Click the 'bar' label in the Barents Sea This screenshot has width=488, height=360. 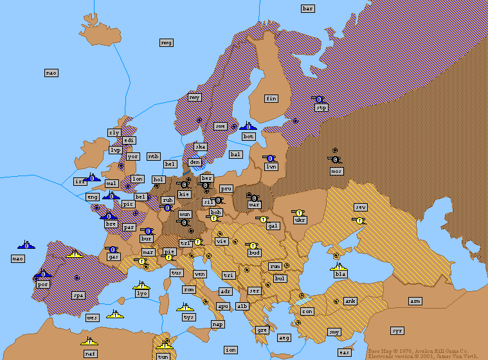point(307,8)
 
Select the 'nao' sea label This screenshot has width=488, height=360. point(51,73)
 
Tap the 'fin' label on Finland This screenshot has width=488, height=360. point(271,98)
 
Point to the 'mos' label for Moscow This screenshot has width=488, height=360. point(336,171)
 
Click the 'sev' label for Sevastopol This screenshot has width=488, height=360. point(361,207)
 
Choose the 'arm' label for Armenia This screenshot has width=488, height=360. point(415,301)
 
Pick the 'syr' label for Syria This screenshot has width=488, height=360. point(397,330)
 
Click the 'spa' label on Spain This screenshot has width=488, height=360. point(78,296)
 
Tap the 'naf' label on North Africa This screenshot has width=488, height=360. point(90,353)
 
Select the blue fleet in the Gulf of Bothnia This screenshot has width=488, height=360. point(248,126)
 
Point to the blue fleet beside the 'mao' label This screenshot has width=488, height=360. point(26,245)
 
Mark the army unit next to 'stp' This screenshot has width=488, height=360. point(318,99)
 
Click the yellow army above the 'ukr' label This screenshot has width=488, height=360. point(298,212)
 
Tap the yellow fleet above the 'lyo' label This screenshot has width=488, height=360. point(141,284)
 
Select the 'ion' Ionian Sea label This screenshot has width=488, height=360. point(230,350)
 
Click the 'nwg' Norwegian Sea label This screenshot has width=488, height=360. point(166,42)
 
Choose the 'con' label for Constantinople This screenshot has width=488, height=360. point(307,311)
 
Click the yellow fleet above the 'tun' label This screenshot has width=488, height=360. point(164,346)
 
